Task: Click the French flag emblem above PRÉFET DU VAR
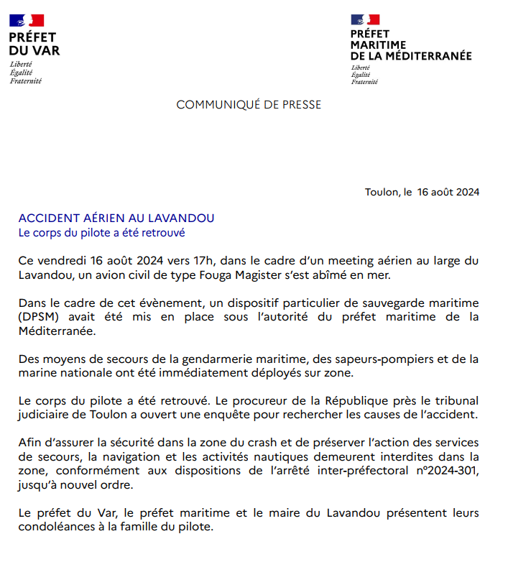tap(27, 21)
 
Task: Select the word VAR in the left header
tap(47, 50)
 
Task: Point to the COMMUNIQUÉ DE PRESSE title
tap(249, 105)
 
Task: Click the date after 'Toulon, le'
tap(448, 192)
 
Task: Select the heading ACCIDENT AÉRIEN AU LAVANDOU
tap(116, 218)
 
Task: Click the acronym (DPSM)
tap(39, 318)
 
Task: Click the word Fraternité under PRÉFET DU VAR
tap(26, 80)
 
